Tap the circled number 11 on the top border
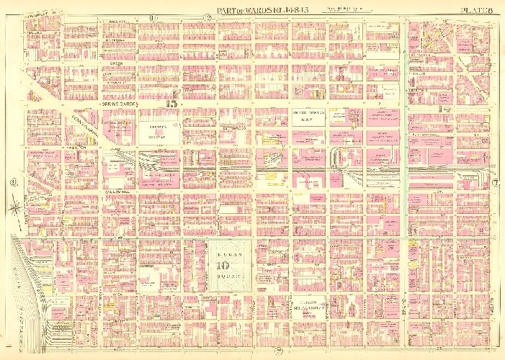point(153,17)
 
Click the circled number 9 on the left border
point(14,181)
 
